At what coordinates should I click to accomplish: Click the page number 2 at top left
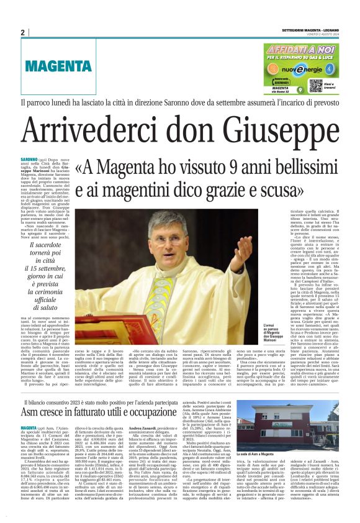coord(22,32)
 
